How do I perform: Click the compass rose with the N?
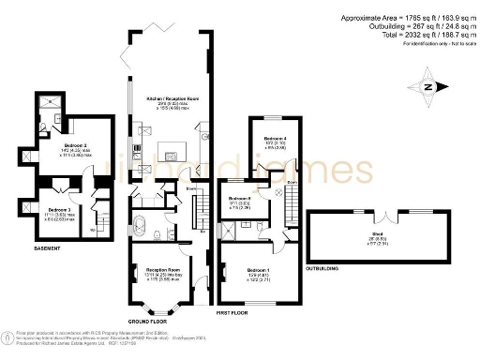click(x=428, y=87)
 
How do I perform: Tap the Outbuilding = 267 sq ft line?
click(x=405, y=26)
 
